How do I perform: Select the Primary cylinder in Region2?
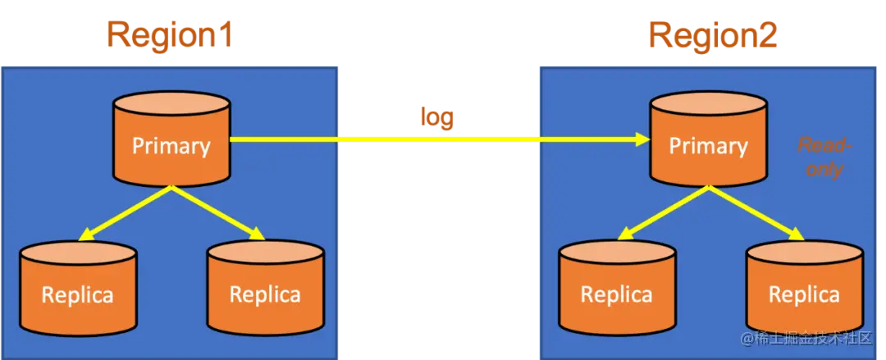pos(708,139)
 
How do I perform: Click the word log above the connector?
pos(437,116)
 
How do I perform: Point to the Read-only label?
pos(825,157)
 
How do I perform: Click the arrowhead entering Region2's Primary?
pos(642,140)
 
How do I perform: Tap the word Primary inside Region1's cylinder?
pos(171,146)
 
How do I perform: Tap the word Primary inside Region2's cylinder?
pos(708,147)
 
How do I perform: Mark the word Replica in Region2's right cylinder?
pos(803,294)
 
